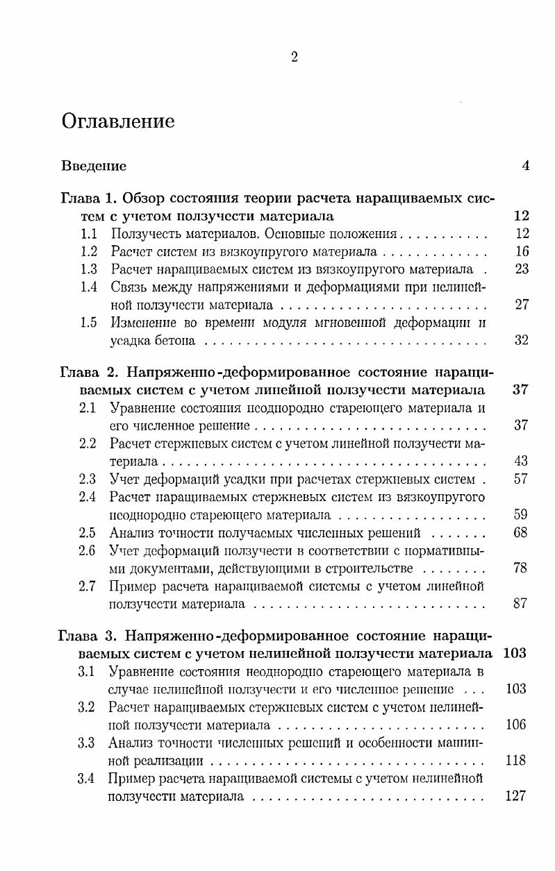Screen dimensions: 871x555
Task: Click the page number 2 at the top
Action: pos(294,58)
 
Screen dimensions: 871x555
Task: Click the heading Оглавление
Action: pos(117,121)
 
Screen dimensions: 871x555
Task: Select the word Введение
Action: pos(94,166)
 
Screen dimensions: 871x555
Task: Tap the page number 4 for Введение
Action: pos(525,166)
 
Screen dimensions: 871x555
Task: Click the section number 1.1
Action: pos(88,234)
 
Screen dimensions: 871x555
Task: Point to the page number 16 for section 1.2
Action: pos(522,251)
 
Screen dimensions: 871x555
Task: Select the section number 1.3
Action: pos(88,269)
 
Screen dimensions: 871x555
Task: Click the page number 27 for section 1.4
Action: pos(522,305)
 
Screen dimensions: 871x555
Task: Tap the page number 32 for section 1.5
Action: pos(522,341)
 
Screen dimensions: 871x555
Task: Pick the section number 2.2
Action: pos(88,443)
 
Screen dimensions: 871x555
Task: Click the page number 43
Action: pos(522,461)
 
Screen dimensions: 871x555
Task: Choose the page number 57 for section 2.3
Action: pos(522,479)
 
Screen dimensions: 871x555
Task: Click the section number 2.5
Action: pos(88,532)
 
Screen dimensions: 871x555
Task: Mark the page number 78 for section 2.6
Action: pos(522,568)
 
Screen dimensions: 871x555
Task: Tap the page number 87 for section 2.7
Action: pos(522,604)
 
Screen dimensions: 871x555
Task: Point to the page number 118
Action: pos(517,760)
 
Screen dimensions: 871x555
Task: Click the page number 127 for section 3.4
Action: pos(517,796)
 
